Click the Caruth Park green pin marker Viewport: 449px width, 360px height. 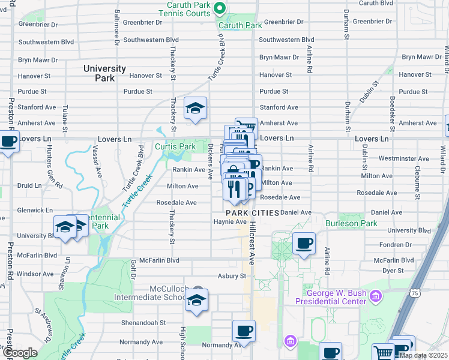click(219, 9)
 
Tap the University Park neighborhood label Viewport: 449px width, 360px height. click(105, 73)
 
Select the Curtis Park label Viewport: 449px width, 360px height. click(175, 146)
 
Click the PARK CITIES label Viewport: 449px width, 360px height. click(252, 213)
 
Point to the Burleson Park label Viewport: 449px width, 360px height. click(351, 223)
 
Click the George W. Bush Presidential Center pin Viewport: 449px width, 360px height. click(376, 295)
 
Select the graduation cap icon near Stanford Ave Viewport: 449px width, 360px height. click(195, 109)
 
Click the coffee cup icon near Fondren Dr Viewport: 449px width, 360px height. click(304, 244)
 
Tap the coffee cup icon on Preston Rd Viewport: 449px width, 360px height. click(8, 142)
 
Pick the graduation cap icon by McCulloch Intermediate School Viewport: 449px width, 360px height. click(196, 301)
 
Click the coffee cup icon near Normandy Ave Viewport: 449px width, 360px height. click(244, 331)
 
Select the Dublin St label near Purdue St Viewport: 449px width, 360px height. click(372, 91)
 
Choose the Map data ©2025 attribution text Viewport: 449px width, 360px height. click(423, 355)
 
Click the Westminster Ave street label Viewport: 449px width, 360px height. click(404, 159)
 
